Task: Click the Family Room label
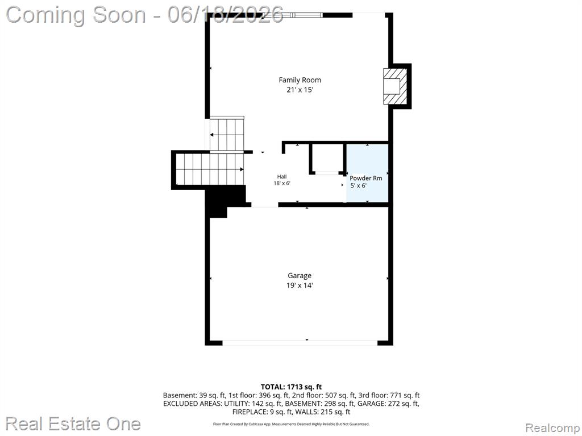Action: [x=300, y=79]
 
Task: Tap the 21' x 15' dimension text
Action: [x=300, y=90]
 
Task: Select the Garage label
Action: [x=300, y=275]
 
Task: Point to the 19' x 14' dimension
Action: [x=300, y=286]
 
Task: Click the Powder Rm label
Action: [x=366, y=178]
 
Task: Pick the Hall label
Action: [x=282, y=177]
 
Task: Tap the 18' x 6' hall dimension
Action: [x=282, y=183]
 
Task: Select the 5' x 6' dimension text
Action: [x=359, y=186]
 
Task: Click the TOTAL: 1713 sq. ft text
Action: [x=292, y=387]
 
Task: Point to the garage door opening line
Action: [x=300, y=343]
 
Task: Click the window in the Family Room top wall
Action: [x=293, y=15]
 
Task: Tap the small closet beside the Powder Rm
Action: [x=327, y=158]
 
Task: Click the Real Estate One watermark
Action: [x=73, y=424]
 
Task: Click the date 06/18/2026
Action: [x=226, y=15]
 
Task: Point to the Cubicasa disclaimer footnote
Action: [x=292, y=424]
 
